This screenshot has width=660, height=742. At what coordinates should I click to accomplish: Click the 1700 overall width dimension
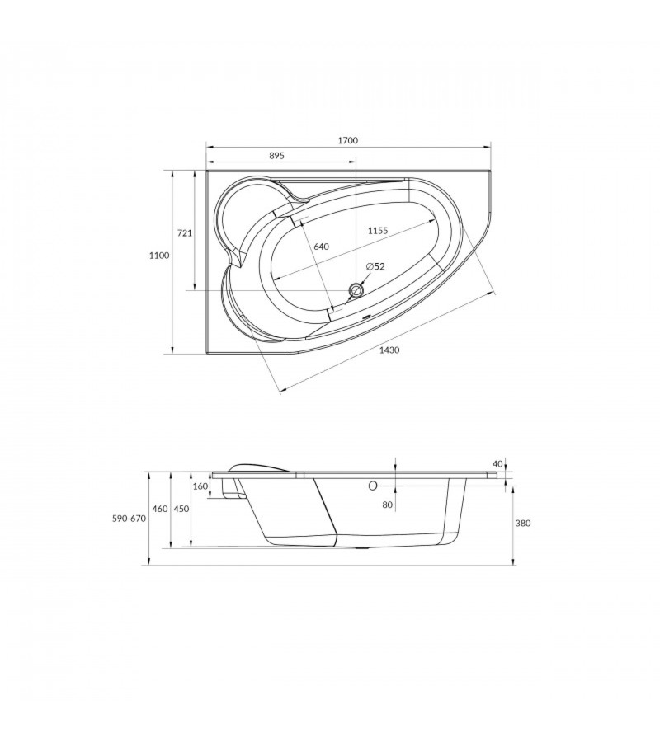tap(348, 140)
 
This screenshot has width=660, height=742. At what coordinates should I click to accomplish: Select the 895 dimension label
tap(276, 156)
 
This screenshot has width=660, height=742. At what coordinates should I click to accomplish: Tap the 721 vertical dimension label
tap(184, 232)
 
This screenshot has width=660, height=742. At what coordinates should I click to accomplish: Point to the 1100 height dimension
tap(159, 256)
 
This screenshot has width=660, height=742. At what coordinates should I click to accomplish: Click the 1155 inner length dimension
tap(379, 231)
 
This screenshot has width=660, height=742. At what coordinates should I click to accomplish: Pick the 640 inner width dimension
tap(321, 247)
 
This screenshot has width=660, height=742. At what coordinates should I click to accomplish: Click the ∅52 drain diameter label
tap(375, 267)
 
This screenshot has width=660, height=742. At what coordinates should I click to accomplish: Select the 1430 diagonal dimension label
tap(389, 350)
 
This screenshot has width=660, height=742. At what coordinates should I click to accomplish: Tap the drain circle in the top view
tap(356, 290)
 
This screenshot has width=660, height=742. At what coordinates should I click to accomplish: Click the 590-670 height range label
tap(130, 519)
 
